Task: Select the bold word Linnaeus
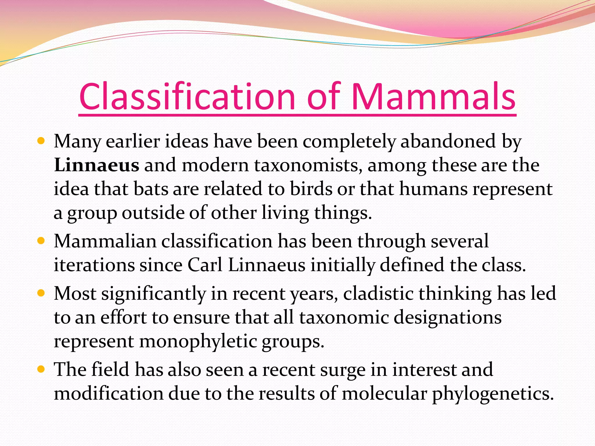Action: click(96, 165)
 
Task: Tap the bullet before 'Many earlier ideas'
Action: click(41, 142)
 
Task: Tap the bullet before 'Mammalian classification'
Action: click(41, 241)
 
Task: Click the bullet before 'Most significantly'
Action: click(41, 293)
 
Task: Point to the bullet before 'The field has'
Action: click(41, 369)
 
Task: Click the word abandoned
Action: click(448, 141)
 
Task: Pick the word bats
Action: click(151, 189)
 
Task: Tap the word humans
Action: click(433, 189)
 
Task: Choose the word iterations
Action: click(94, 265)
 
